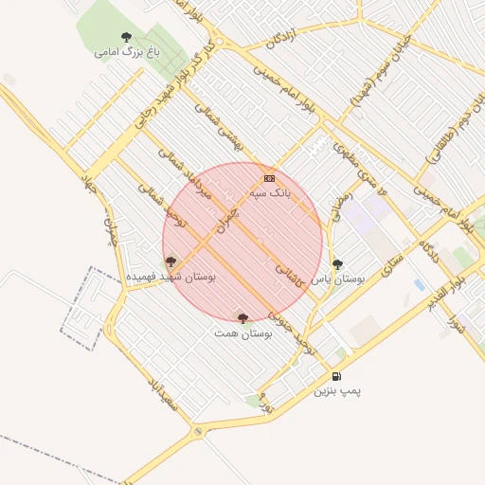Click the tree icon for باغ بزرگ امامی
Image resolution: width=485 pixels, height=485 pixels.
[126, 38]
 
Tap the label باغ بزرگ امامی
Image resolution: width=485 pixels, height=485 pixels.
[126, 52]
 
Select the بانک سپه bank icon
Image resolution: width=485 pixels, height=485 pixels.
[270, 177]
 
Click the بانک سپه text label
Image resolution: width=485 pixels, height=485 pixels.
[270, 191]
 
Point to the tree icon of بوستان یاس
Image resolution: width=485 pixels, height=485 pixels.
[337, 264]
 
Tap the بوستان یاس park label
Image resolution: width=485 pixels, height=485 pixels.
[338, 278]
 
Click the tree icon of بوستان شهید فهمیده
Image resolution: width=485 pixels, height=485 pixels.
[171, 261]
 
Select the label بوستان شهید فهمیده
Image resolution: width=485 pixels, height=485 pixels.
[171, 277]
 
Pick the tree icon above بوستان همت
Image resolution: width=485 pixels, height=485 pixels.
[242, 319]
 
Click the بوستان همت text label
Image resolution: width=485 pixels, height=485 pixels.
[243, 333]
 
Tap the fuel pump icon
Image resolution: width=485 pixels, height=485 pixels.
[337, 376]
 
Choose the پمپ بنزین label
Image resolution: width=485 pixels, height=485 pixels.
[337, 390]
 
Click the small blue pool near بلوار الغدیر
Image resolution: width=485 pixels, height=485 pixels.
[419, 284]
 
